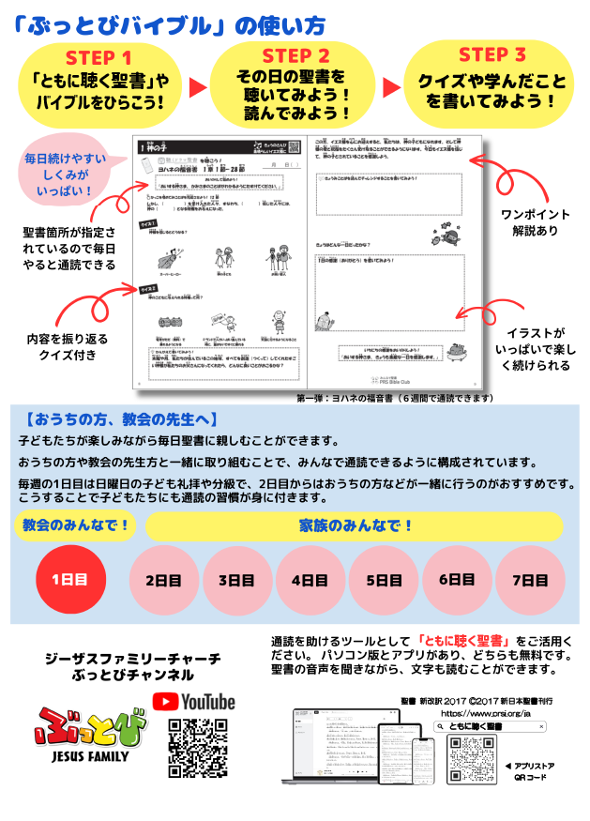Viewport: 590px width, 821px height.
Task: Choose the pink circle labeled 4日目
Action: click(x=309, y=580)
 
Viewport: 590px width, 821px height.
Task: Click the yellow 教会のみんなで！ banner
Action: click(x=76, y=525)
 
